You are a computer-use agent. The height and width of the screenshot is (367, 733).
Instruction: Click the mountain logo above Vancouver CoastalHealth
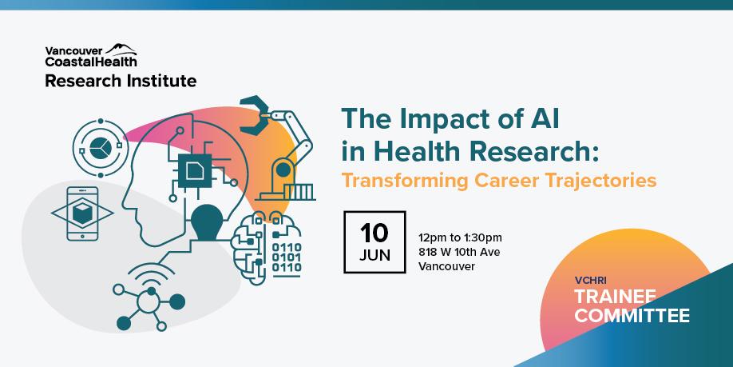tap(121, 49)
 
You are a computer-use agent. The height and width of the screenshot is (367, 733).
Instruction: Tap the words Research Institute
tap(121, 81)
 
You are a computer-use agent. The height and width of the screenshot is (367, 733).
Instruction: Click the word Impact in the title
tap(438, 119)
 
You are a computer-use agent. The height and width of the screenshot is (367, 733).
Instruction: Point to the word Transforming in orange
tap(404, 181)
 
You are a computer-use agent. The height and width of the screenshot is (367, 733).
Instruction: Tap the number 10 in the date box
tap(374, 233)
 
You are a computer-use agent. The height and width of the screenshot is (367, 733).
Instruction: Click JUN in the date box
tap(374, 256)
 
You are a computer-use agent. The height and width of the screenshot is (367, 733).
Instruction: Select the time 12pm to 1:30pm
tap(460, 237)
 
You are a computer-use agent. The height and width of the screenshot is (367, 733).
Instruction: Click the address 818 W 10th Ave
tap(459, 253)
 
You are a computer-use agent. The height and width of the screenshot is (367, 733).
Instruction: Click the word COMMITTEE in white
tap(632, 315)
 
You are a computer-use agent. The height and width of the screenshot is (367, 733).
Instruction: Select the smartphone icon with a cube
tap(83, 213)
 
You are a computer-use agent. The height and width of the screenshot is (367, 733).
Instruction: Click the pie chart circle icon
tap(101, 149)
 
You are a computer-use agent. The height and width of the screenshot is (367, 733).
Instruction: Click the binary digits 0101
tap(287, 257)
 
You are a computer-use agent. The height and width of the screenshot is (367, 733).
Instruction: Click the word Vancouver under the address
tap(446, 267)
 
